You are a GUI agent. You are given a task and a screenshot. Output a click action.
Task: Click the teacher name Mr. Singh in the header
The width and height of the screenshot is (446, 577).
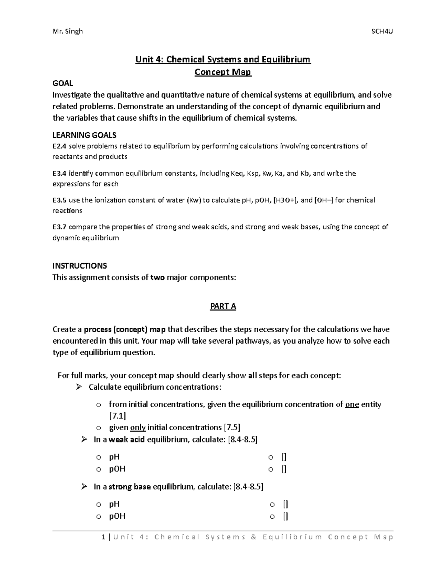(x=68, y=31)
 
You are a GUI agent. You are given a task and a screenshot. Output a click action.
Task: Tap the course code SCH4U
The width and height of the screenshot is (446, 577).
(x=382, y=31)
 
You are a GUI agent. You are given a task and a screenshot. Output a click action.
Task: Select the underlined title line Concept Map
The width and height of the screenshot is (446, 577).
(x=223, y=72)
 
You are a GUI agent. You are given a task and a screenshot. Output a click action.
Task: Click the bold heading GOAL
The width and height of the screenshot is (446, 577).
(x=62, y=83)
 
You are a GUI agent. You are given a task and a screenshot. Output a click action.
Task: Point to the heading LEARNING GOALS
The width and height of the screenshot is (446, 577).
(x=84, y=135)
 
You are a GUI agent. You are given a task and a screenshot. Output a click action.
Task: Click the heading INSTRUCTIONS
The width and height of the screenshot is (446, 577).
(x=80, y=266)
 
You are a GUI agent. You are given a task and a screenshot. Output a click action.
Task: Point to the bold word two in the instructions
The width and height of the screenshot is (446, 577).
(x=157, y=277)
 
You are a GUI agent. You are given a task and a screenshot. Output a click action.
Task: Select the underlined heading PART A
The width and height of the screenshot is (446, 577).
(x=223, y=306)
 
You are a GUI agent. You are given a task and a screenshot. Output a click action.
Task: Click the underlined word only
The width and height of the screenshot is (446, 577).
(x=138, y=427)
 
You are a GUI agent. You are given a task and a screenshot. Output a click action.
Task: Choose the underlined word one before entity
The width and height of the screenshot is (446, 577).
(x=352, y=404)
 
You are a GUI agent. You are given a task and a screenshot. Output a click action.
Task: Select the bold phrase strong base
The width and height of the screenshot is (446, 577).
(x=129, y=487)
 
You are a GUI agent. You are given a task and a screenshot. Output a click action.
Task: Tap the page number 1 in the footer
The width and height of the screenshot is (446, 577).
(x=103, y=537)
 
